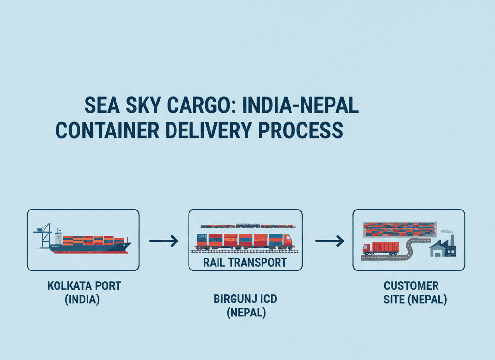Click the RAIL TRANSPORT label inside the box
pyautogui.click(x=245, y=263)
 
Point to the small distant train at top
pyautogui.click(x=247, y=225)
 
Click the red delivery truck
pyautogui.click(x=381, y=248)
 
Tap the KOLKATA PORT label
pyautogui.click(x=84, y=286)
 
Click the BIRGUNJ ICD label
pyautogui.click(x=246, y=300)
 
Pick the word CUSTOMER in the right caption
pyautogui.click(x=411, y=286)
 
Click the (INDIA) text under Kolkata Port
pyautogui.click(x=82, y=300)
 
